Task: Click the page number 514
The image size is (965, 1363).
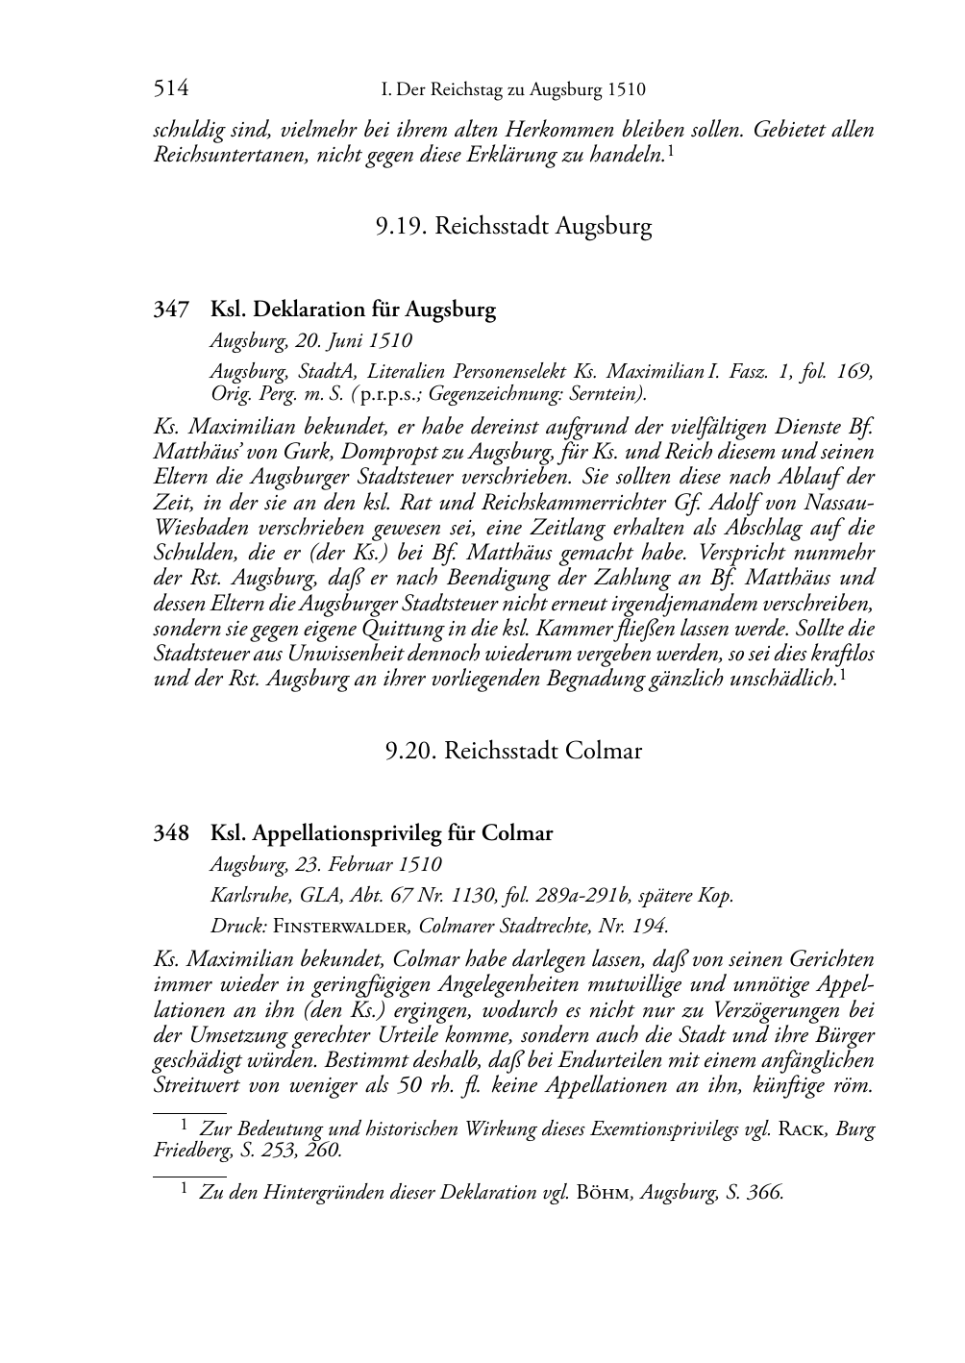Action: (170, 89)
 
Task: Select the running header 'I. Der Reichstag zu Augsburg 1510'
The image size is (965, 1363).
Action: (513, 90)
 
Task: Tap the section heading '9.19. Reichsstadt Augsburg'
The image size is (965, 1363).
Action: (513, 227)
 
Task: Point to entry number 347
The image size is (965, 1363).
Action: (171, 310)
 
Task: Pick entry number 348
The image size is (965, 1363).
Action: (171, 833)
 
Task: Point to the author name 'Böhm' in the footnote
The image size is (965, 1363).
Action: (604, 1193)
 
